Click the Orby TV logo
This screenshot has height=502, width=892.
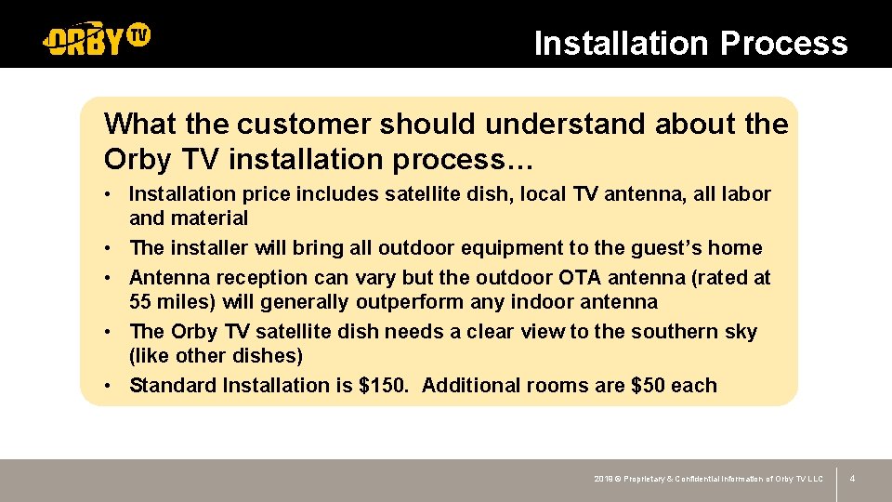click(97, 38)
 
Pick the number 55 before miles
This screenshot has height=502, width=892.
click(142, 302)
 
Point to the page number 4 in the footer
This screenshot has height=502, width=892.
click(852, 479)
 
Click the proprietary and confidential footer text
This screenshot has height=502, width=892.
click(708, 479)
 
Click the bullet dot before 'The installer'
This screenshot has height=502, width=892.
click(110, 248)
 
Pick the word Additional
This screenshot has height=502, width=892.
click(468, 386)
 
